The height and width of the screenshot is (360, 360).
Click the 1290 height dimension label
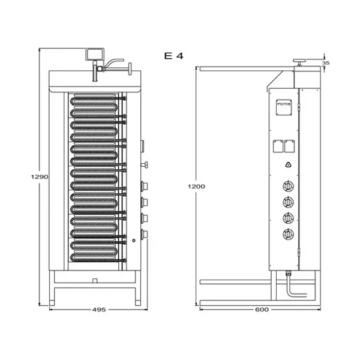pyautogui.click(x=40, y=176)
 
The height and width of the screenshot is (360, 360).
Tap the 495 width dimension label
pyautogui.click(x=99, y=310)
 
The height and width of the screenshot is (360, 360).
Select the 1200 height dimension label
pyautogui.click(x=196, y=187)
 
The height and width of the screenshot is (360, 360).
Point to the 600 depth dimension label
pyautogui.click(x=262, y=310)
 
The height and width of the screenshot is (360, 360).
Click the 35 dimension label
pyautogui.click(x=326, y=62)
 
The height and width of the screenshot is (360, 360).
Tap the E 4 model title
pyautogui.click(x=174, y=56)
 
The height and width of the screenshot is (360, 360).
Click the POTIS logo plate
pyautogui.click(x=284, y=107)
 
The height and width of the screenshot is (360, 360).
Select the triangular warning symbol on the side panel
pyautogui.click(x=289, y=164)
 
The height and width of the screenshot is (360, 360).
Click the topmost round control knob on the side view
pyautogui.click(x=288, y=186)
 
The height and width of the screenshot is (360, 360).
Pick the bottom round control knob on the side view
pyautogui.click(x=288, y=234)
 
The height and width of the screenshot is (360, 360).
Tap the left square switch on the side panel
pyautogui.click(x=278, y=146)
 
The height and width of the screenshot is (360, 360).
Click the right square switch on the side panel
pyautogui.click(x=289, y=146)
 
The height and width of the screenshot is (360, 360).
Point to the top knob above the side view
pyautogui.click(x=299, y=62)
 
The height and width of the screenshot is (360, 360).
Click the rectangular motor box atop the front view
pyautogui.click(x=95, y=55)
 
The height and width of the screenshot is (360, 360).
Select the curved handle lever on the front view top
pyautogui.click(x=114, y=62)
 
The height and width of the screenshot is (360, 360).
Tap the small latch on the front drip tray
pyautogui.click(x=95, y=281)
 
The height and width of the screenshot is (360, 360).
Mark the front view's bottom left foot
pyautogui.click(x=52, y=303)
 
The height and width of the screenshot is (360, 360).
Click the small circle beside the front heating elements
pyautogui.click(x=134, y=241)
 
